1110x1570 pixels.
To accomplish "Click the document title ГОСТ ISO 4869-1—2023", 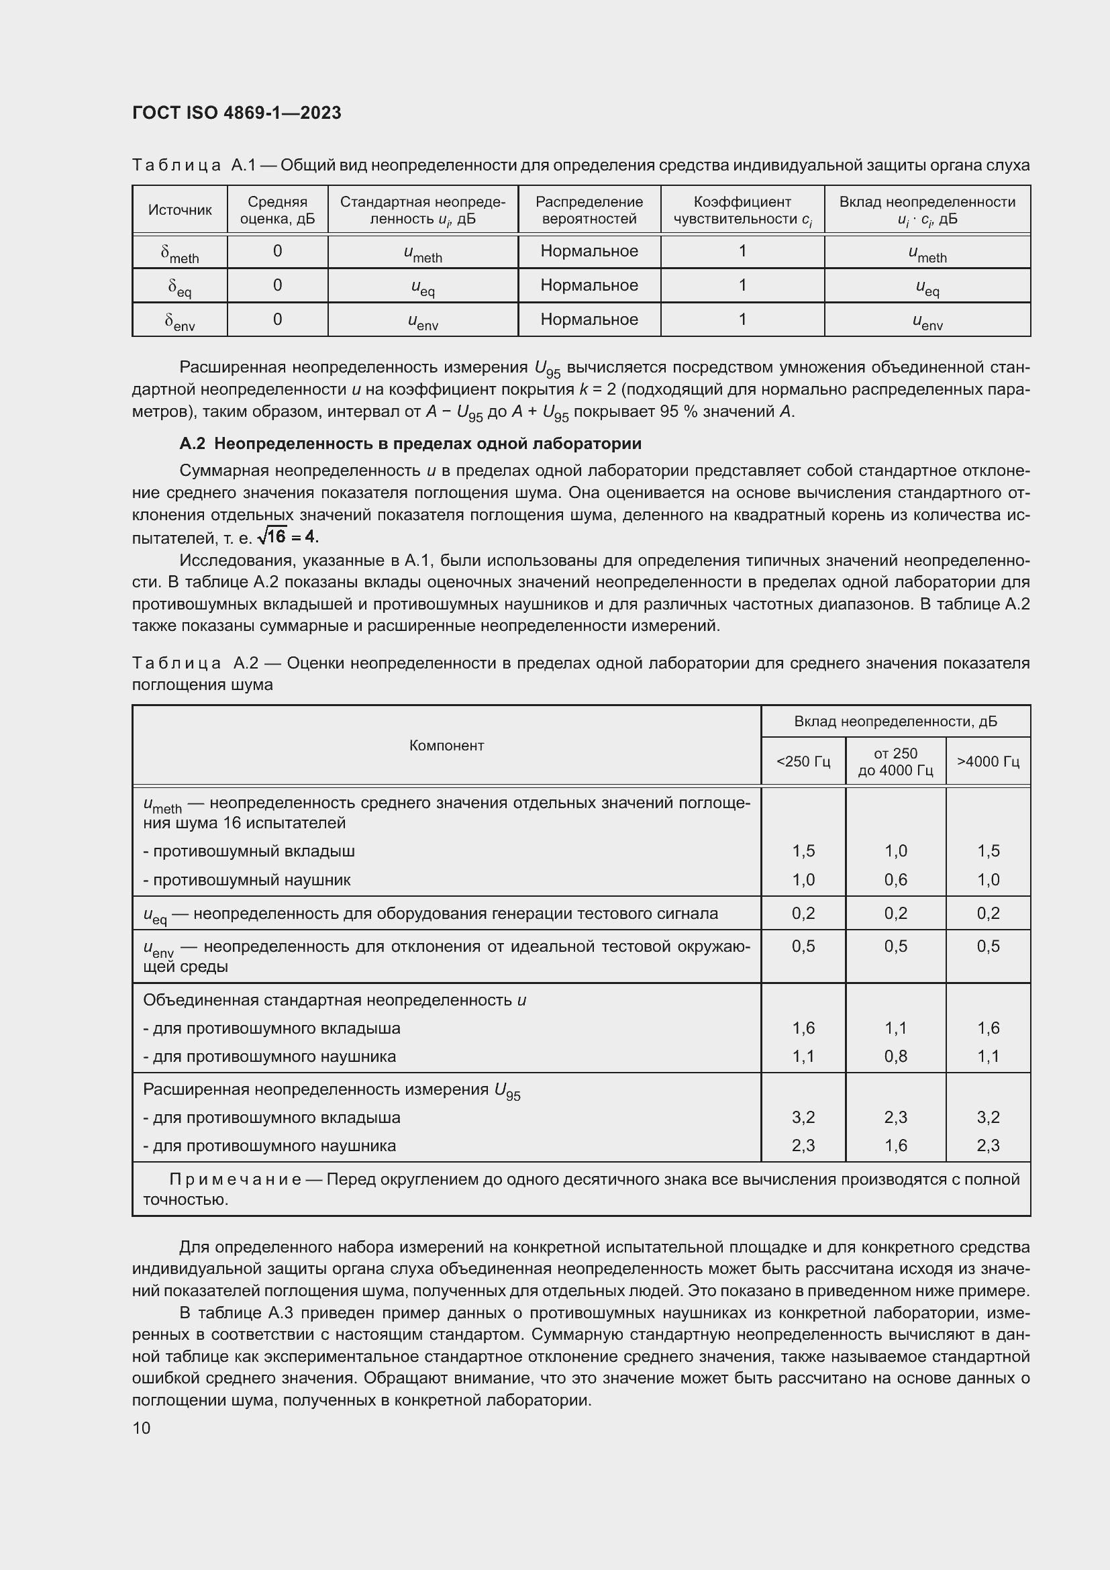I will click(x=236, y=113).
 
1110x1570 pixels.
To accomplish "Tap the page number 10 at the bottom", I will click(x=142, y=1428).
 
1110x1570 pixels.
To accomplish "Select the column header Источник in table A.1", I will click(x=180, y=210).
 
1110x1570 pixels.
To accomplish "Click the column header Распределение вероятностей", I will click(x=589, y=210).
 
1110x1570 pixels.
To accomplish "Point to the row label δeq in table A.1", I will click(x=179, y=286).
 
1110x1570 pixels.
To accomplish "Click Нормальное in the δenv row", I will click(x=589, y=320).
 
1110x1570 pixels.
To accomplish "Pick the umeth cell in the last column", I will click(x=927, y=252).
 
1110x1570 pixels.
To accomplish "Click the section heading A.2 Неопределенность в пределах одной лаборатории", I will click(x=410, y=444).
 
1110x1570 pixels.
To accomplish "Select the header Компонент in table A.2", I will click(x=446, y=745).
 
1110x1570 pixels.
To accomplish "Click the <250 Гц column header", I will click(x=803, y=761).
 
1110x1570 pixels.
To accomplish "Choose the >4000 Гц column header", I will click(x=988, y=761).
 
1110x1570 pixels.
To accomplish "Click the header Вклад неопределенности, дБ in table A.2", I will click(x=895, y=722).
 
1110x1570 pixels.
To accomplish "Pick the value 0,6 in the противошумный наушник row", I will click(x=895, y=879).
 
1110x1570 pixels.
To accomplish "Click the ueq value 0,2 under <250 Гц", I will click(x=803, y=913).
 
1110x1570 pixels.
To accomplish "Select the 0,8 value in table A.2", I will click(x=895, y=1057).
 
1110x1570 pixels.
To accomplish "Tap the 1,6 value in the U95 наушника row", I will click(x=895, y=1145).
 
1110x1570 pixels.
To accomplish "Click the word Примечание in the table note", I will click(x=235, y=1179).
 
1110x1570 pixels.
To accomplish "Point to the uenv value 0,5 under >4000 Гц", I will click(x=988, y=946).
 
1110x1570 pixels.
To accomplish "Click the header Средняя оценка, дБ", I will click(x=278, y=210).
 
